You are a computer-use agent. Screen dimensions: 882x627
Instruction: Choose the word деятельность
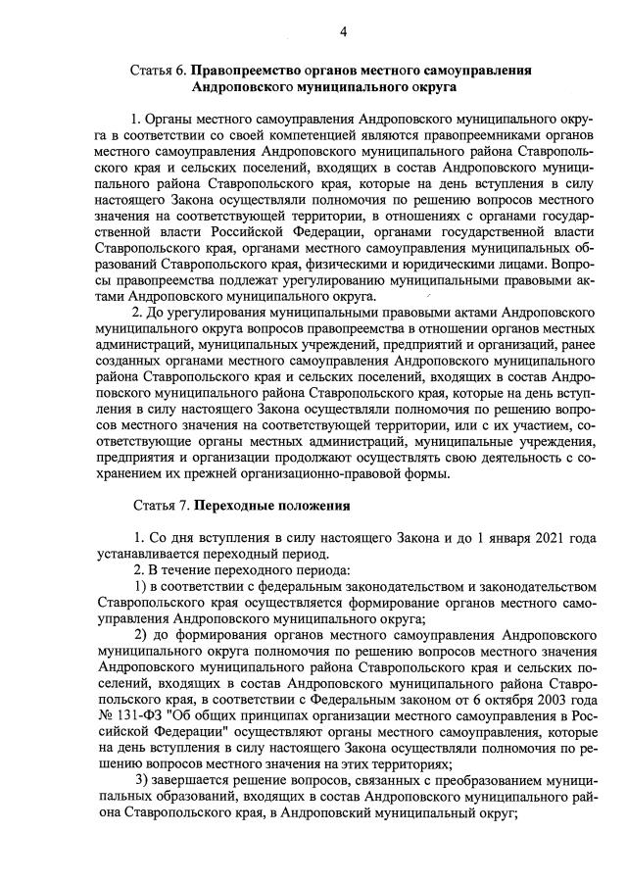(x=499, y=458)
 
